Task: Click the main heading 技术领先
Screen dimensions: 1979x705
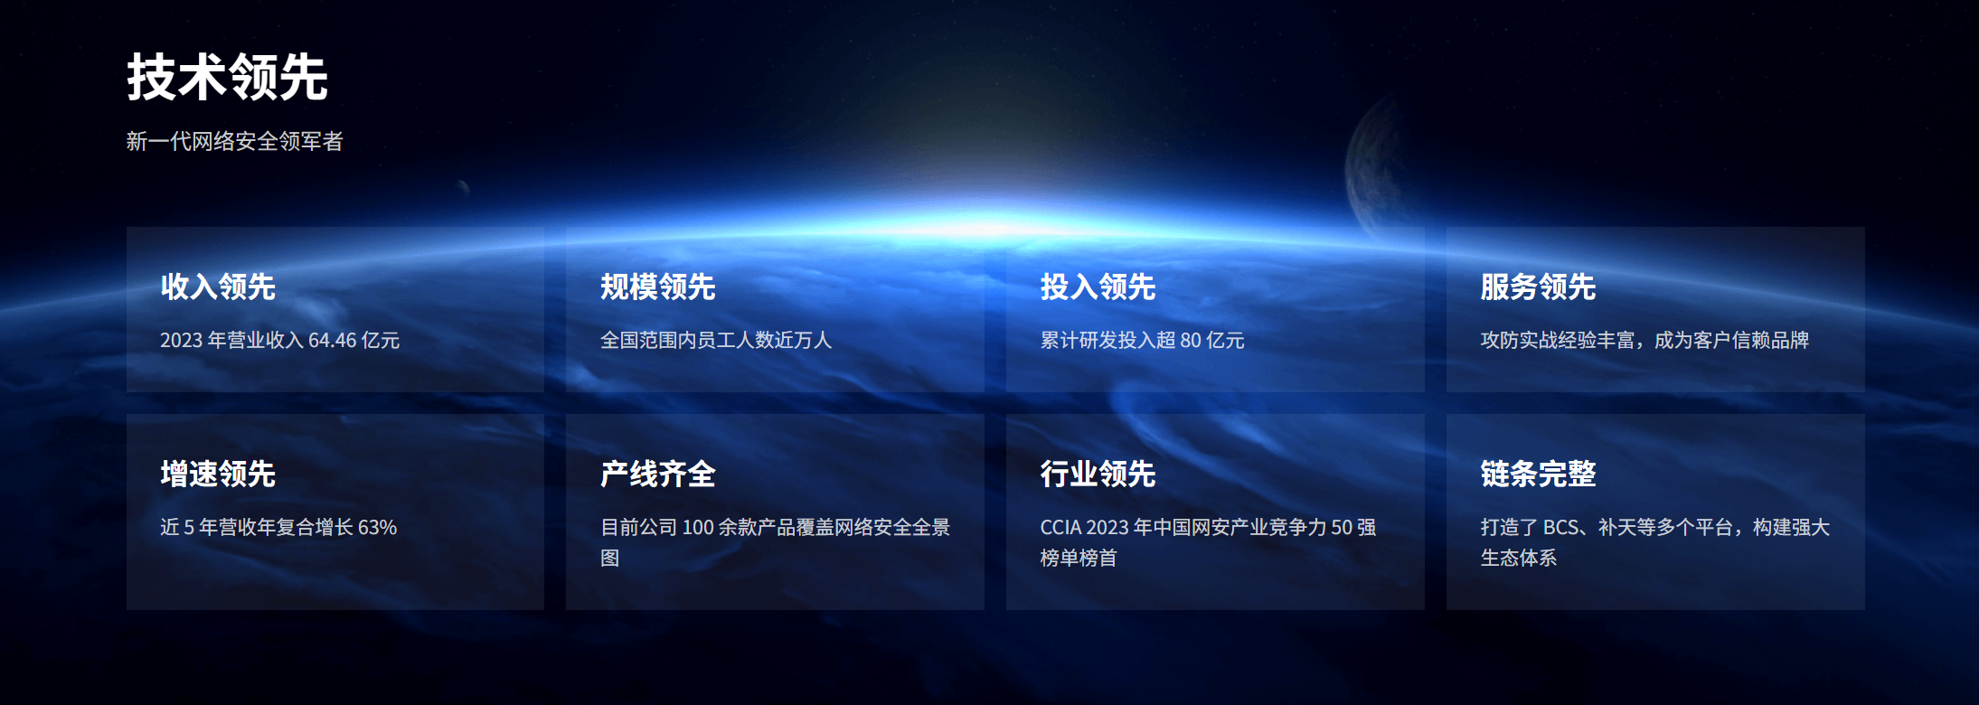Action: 227,77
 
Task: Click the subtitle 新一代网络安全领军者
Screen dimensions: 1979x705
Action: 235,141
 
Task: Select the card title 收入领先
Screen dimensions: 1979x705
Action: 218,287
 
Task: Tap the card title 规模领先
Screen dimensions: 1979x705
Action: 658,287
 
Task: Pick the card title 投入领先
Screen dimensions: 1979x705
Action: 1098,287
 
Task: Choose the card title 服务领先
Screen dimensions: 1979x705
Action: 1539,287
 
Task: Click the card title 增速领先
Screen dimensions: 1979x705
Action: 218,474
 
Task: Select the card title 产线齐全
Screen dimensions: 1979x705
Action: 658,474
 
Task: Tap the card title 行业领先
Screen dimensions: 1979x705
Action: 1098,474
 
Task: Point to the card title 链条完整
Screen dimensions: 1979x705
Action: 1539,474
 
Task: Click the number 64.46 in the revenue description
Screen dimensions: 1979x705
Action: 333,341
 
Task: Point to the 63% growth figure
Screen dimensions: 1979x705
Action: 378,528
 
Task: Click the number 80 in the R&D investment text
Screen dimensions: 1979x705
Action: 1191,341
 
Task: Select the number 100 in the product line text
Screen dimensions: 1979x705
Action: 698,528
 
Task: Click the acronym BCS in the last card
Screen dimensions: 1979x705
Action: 1561,528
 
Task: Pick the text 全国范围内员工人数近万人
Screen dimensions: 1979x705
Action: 716,341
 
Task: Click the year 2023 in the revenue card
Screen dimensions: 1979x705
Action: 182,341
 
